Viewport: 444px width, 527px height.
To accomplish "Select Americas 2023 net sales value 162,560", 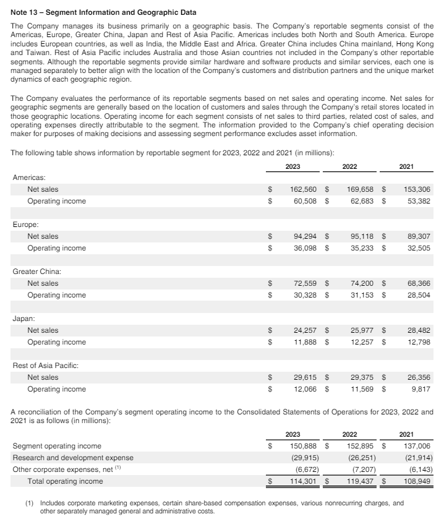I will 304,189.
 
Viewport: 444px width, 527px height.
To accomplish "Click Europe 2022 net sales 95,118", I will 362,236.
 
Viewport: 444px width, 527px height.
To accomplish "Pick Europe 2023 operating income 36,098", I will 306,248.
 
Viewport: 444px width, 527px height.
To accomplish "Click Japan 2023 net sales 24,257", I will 306,330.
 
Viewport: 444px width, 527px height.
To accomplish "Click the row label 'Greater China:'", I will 36,272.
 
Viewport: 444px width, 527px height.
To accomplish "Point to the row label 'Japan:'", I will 23,319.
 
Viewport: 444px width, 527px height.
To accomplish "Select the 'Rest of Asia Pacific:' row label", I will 45,366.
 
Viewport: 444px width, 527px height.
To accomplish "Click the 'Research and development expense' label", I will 73,458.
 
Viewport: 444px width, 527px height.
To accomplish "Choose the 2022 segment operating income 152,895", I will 362,446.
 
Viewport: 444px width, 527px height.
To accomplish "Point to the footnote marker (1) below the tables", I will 30,503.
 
